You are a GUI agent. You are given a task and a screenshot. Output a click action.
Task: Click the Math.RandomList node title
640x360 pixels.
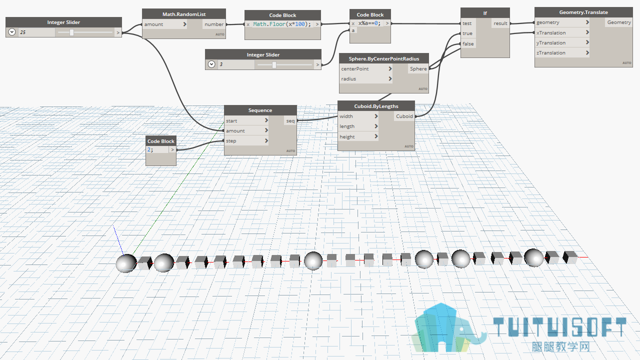(x=184, y=14)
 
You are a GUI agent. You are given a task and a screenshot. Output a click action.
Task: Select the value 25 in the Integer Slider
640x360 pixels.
(x=23, y=32)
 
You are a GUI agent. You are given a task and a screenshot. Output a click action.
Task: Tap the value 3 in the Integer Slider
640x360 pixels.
(x=221, y=64)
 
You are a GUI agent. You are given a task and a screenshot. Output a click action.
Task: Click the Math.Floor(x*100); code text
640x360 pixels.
(x=281, y=24)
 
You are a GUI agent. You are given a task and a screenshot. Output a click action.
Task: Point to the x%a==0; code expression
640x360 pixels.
(x=369, y=23)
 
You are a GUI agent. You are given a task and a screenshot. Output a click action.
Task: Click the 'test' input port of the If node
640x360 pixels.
(x=467, y=23)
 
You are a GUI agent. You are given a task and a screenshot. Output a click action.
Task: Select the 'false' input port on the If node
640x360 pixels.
(x=468, y=43)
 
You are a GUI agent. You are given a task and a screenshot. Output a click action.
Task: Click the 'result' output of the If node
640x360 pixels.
(x=500, y=23)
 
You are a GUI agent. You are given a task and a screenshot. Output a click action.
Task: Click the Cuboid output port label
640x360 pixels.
(x=404, y=116)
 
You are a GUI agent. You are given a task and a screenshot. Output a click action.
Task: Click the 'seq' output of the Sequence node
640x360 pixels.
(x=290, y=121)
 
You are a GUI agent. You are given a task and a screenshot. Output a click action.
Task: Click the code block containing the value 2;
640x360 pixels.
(x=161, y=151)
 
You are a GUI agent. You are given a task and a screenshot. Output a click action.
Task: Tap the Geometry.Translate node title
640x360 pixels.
(x=583, y=12)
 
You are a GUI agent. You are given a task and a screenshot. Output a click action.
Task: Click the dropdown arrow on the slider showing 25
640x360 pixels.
(x=11, y=32)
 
